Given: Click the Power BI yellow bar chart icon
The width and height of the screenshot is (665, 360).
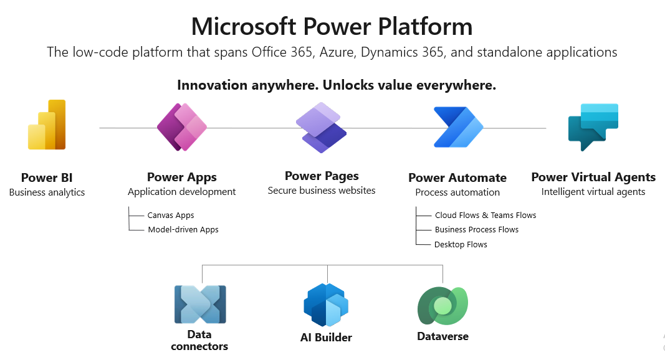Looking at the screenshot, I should [47, 125].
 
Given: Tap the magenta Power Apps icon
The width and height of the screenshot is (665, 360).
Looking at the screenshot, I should [181, 127].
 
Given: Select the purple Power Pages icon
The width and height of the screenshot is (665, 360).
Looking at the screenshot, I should [321, 128].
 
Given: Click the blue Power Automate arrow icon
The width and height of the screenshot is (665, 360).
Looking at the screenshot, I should [458, 127].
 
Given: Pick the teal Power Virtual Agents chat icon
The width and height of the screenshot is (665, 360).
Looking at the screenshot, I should [593, 127].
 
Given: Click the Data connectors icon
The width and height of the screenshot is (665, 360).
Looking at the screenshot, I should [200, 305].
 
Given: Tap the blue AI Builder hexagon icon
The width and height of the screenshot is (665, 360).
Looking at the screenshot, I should [326, 305].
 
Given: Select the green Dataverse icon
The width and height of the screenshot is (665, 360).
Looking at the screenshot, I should [442, 305].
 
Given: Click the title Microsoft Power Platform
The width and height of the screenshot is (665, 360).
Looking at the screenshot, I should [332, 27].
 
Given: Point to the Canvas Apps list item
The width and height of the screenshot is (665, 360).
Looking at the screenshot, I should [171, 216].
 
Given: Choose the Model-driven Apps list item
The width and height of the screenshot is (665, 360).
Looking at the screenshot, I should [183, 230].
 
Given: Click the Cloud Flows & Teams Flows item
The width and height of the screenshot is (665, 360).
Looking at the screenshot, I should [486, 216].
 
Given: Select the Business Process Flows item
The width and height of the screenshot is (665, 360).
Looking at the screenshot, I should [477, 230].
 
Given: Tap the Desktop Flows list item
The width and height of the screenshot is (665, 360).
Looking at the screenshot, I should [461, 245].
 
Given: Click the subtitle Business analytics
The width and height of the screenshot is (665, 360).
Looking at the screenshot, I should [47, 192].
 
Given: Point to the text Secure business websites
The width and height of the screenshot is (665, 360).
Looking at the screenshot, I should [322, 191].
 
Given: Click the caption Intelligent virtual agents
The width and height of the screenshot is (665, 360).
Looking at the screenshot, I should [593, 192].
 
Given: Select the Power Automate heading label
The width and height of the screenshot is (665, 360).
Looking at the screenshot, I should [457, 178].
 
